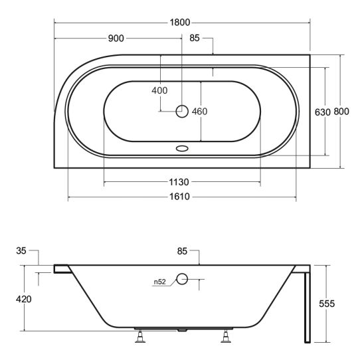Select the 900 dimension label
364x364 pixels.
[116, 38]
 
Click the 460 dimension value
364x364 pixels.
[200, 111]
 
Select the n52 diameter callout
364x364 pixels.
[159, 282]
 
